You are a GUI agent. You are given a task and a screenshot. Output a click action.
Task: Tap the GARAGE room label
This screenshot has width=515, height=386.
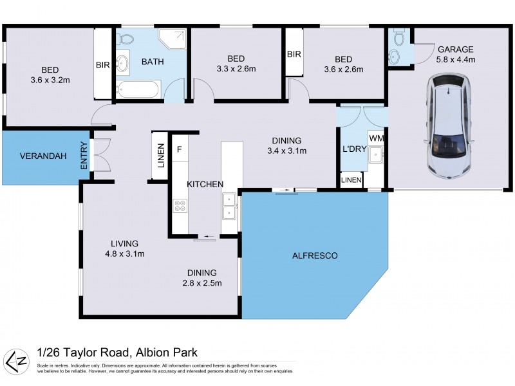pyautogui.click(x=456, y=49)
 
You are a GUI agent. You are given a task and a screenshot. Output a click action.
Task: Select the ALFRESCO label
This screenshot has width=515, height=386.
pyautogui.click(x=315, y=255)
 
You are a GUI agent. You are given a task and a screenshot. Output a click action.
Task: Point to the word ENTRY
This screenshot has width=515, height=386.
pyautogui.click(x=84, y=156)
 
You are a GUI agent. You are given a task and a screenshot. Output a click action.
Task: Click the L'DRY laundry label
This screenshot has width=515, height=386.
pyautogui.click(x=353, y=149)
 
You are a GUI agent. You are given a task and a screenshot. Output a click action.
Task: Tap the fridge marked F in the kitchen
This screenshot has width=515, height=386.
pyautogui.click(x=180, y=149)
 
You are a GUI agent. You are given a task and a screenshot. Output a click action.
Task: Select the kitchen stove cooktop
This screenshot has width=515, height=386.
pyautogui.click(x=180, y=206)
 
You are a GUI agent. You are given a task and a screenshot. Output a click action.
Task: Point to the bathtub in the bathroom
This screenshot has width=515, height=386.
pyautogui.click(x=138, y=89)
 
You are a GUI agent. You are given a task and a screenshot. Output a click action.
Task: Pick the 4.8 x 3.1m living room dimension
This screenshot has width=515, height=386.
pyautogui.click(x=124, y=253)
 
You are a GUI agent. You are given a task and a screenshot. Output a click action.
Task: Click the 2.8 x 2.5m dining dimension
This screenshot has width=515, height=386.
pyautogui.click(x=202, y=282)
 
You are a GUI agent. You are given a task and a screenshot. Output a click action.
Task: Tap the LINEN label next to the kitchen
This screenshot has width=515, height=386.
pyautogui.click(x=160, y=156)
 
